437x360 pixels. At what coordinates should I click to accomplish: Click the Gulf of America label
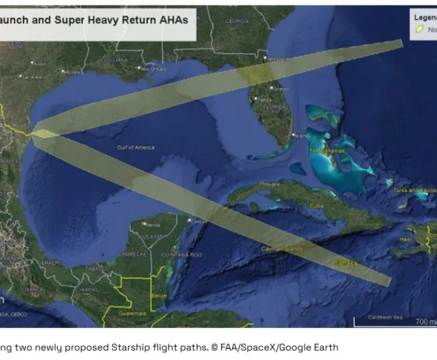[x=135, y=147]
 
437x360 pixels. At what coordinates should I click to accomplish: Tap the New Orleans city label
[x=155, y=68]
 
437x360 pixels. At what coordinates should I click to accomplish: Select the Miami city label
[x=301, y=135]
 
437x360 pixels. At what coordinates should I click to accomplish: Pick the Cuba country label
[x=317, y=205]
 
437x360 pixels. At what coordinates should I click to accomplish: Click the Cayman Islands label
[x=282, y=249]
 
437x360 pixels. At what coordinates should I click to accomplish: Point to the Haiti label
[x=406, y=239]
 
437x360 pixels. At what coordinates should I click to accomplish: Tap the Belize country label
[x=159, y=295]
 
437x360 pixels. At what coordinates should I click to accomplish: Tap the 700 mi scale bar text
[x=425, y=322]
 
